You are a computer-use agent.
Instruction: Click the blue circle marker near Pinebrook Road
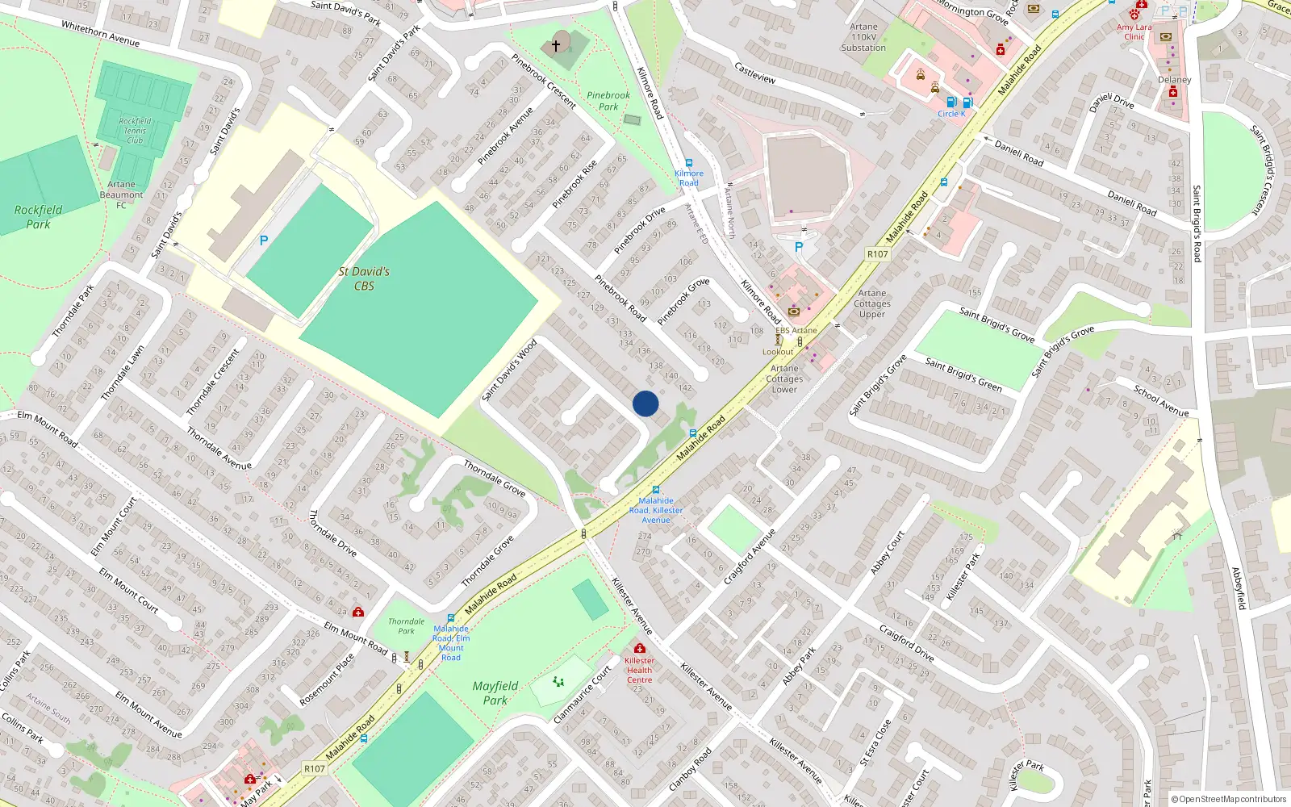pyautogui.click(x=645, y=403)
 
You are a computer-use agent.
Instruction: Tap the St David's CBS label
pyautogui.click(x=364, y=278)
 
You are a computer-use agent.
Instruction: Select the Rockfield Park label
pyautogui.click(x=38, y=216)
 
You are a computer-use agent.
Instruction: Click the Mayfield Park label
pyautogui.click(x=495, y=692)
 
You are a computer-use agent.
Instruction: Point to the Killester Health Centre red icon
pyautogui.click(x=640, y=648)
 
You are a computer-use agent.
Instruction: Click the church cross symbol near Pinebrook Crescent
pyautogui.click(x=556, y=46)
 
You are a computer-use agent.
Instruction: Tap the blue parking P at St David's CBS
pyautogui.click(x=264, y=240)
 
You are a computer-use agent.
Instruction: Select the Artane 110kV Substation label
pyautogui.click(x=863, y=37)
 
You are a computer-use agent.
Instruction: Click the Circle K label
pyautogui.click(x=951, y=114)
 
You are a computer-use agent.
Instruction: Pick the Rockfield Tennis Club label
pyautogui.click(x=135, y=131)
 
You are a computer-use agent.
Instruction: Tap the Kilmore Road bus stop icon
pyautogui.click(x=688, y=163)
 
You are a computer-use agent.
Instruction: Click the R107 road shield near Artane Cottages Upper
pyautogui.click(x=877, y=254)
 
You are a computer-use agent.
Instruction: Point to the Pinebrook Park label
pyautogui.click(x=608, y=101)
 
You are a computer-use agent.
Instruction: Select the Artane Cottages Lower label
pyautogui.click(x=784, y=378)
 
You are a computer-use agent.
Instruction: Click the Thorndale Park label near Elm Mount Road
pyautogui.click(x=406, y=625)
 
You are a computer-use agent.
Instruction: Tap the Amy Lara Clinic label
pyautogui.click(x=1134, y=31)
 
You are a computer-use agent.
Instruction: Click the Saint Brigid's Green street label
pyautogui.click(x=963, y=374)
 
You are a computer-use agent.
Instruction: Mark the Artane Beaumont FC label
pyautogui.click(x=121, y=194)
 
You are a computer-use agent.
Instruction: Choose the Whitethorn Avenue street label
pyautogui.click(x=100, y=34)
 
